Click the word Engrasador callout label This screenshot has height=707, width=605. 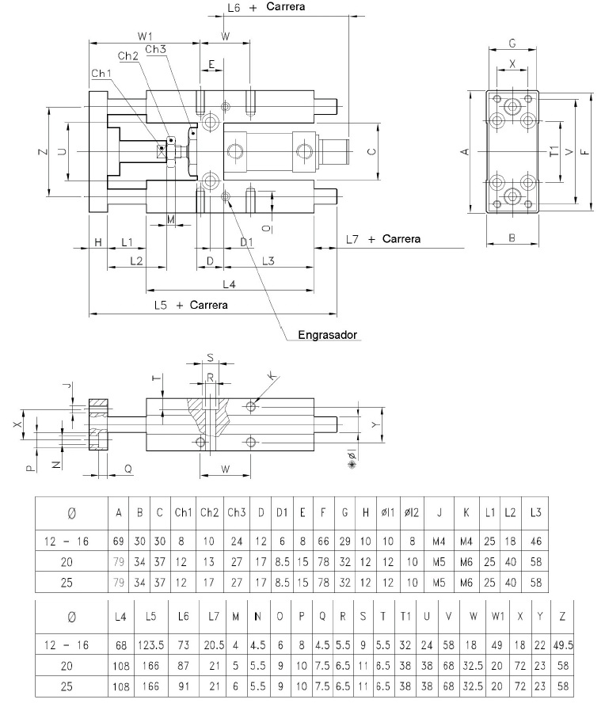click(327, 335)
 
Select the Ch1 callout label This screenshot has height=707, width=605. click(101, 73)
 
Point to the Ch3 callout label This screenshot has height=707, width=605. click(156, 49)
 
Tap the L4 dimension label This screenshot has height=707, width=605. click(229, 284)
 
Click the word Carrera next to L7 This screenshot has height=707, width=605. click(401, 238)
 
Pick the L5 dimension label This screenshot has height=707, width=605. click(161, 305)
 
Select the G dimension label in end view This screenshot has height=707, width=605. click(512, 44)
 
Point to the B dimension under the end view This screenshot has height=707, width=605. click(512, 238)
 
